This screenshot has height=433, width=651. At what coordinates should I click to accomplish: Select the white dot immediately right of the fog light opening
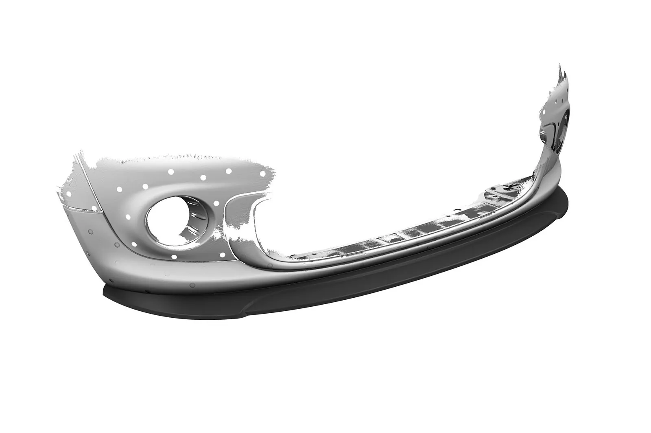tap(216, 203)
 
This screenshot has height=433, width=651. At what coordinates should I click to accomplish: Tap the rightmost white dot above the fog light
tap(262, 174)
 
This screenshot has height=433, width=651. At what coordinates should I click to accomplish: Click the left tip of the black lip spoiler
tap(105, 290)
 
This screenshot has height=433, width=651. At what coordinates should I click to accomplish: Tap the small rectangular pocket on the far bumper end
tap(546, 132)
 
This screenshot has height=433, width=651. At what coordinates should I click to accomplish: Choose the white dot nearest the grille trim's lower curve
tap(223, 255)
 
